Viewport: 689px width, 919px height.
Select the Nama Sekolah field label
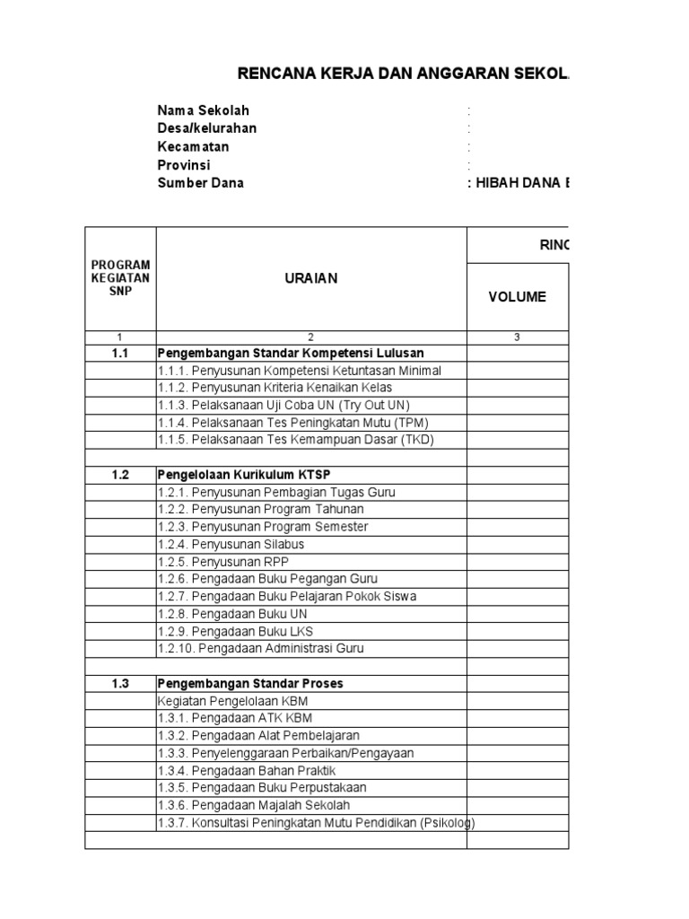pos(203,110)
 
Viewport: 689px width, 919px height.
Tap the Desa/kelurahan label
pos(207,128)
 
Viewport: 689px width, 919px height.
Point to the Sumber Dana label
pos(200,182)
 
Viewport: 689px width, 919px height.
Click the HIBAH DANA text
pos(520,182)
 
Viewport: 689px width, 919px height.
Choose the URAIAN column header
pos(311,278)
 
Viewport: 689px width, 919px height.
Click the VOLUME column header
pos(517,297)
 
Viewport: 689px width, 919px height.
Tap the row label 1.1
pos(120,354)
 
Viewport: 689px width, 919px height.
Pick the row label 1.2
pos(120,476)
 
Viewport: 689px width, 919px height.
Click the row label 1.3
pos(120,683)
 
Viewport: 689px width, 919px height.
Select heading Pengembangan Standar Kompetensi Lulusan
pos(291,354)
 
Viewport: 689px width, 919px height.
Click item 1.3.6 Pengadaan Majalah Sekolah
pos(254,805)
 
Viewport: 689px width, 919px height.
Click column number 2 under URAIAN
pos(311,337)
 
